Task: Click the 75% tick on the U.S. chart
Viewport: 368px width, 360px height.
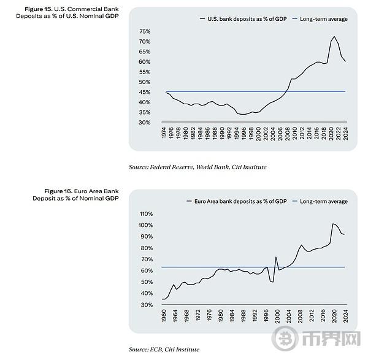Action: pos(145,31)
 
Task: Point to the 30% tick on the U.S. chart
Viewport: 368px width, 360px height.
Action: pos(145,123)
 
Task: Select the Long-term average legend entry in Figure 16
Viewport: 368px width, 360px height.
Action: pos(323,201)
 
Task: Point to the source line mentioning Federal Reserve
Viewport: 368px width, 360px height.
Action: pos(197,167)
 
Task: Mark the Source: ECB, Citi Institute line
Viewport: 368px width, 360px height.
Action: pos(164,349)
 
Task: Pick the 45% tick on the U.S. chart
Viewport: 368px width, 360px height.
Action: pos(145,92)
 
